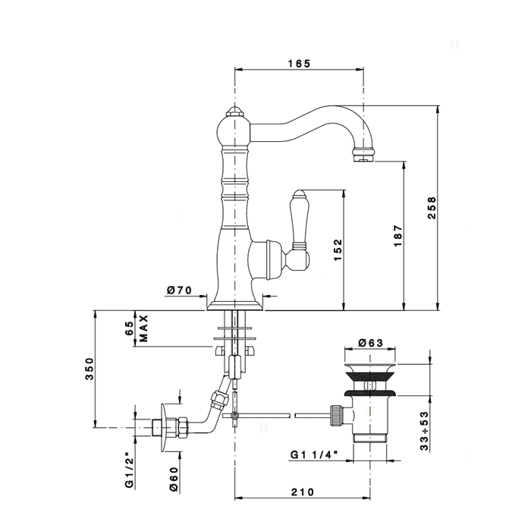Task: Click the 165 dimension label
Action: pyautogui.click(x=299, y=63)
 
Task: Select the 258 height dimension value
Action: pyautogui.click(x=432, y=208)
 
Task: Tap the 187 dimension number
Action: pyautogui.click(x=398, y=235)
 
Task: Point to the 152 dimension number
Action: pyautogui.click(x=338, y=250)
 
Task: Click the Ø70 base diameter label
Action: pyautogui.click(x=180, y=291)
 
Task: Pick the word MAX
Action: pyautogui.click(x=144, y=328)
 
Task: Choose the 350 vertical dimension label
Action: pyautogui.click(x=89, y=369)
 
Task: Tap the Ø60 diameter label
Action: pyautogui.click(x=174, y=479)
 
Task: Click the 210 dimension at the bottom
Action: pyautogui.click(x=303, y=492)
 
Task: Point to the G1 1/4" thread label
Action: pyautogui.click(x=315, y=454)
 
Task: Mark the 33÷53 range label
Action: pyautogui.click(x=424, y=431)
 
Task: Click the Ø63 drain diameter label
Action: pyautogui.click(x=370, y=343)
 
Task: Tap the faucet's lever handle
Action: pyautogui.click(x=299, y=231)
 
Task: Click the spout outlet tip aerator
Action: pyautogui.click(x=364, y=155)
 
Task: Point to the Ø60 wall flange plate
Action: pyautogui.click(x=164, y=427)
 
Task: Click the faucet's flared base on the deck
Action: pyautogui.click(x=234, y=306)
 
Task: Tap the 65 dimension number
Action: pyautogui.click(x=130, y=328)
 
